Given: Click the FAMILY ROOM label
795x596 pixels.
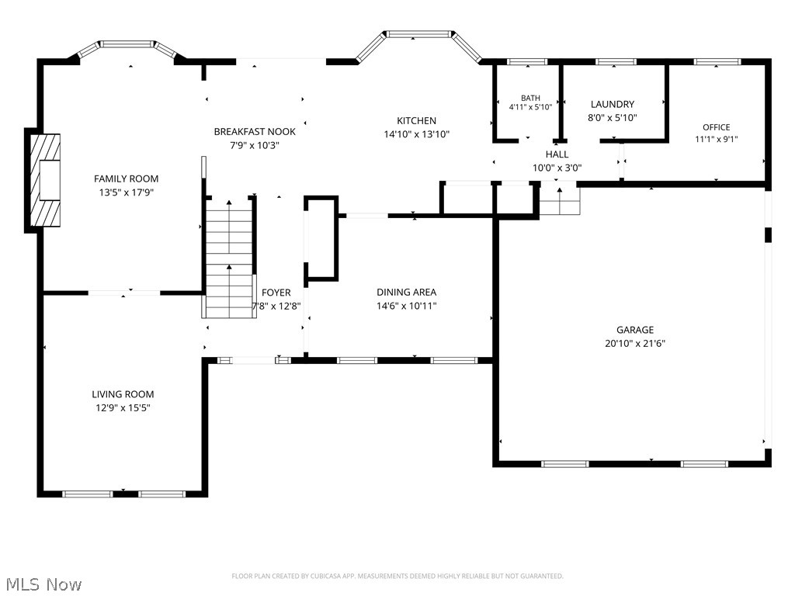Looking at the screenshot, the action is coord(127,178).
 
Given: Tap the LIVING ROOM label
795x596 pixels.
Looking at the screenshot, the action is coord(123,393).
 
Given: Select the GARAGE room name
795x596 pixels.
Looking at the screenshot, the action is coord(635,329).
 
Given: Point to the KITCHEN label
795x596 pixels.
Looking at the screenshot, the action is coord(416,120).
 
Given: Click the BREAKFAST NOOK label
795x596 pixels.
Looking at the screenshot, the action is coord(255,131).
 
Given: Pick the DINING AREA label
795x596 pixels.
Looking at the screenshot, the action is coord(406,292).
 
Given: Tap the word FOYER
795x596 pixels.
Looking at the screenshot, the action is coord(276,293).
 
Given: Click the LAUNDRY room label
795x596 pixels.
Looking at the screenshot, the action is coord(613,104).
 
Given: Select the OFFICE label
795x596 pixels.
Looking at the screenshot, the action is coord(717,127).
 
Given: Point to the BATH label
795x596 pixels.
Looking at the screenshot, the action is coord(530,98).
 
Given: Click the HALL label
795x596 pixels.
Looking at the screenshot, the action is coord(557,154).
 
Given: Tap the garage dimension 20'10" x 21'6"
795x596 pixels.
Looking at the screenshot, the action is coord(635,343).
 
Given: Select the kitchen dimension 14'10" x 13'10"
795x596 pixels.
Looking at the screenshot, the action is coord(416,134).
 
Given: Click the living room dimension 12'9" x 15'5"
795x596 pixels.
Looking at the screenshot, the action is coord(123,407).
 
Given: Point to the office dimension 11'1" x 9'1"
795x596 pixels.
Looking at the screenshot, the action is coord(717,139).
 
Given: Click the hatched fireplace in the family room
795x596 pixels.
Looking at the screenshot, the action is coord(45,180).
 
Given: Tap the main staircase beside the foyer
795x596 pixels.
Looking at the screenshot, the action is coord(229,258).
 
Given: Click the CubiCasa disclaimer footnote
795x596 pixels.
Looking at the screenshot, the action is coord(397,576).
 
